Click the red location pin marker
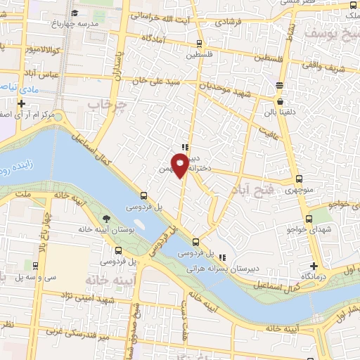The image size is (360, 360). point(181,164)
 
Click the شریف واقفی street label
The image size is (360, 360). point(335,69)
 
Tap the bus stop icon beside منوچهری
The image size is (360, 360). point(300,179)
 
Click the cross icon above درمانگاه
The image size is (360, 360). point(314,266)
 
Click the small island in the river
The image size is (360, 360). point(137,224)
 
